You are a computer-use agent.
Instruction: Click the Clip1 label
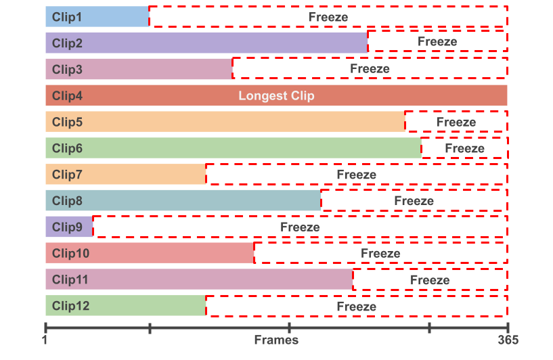pos(67,17)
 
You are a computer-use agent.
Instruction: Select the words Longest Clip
pos(276,96)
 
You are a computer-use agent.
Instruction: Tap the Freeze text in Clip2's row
pos(437,42)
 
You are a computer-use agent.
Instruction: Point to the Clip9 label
pos(67,227)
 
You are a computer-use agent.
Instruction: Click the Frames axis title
pos(276,340)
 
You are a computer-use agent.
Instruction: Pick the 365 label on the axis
pos(508,340)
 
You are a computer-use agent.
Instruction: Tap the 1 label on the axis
pos(45,340)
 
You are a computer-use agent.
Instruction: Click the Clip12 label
pos(70,307)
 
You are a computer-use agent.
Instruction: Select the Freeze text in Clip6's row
pos(464,148)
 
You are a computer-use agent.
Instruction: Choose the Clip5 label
pos(67,122)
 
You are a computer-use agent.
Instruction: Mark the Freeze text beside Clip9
pos(300,227)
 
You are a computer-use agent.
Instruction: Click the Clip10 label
pos(70,254)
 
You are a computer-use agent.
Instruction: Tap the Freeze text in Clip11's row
pos(430,280)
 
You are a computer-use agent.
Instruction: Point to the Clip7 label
pos(67,175)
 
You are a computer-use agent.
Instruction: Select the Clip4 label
pos(67,96)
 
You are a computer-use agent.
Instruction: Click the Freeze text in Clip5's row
pos(456,122)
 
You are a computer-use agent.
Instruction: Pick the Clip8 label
pos(67,201)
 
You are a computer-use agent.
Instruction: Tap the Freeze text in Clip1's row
pos(328,17)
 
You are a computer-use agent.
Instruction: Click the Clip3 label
pos(67,69)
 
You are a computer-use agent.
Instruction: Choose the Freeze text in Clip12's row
pos(357,307)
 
